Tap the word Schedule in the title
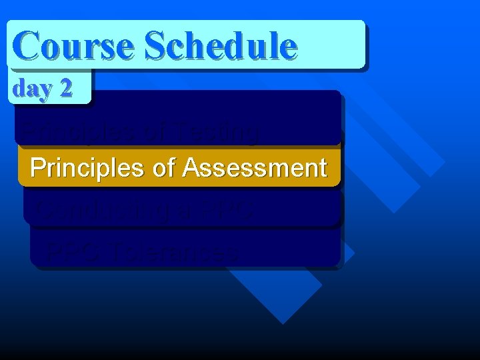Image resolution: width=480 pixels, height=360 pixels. (x=221, y=45)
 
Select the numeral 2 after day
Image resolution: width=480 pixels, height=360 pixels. (x=65, y=88)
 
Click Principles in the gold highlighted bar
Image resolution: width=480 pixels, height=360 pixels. (x=87, y=167)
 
